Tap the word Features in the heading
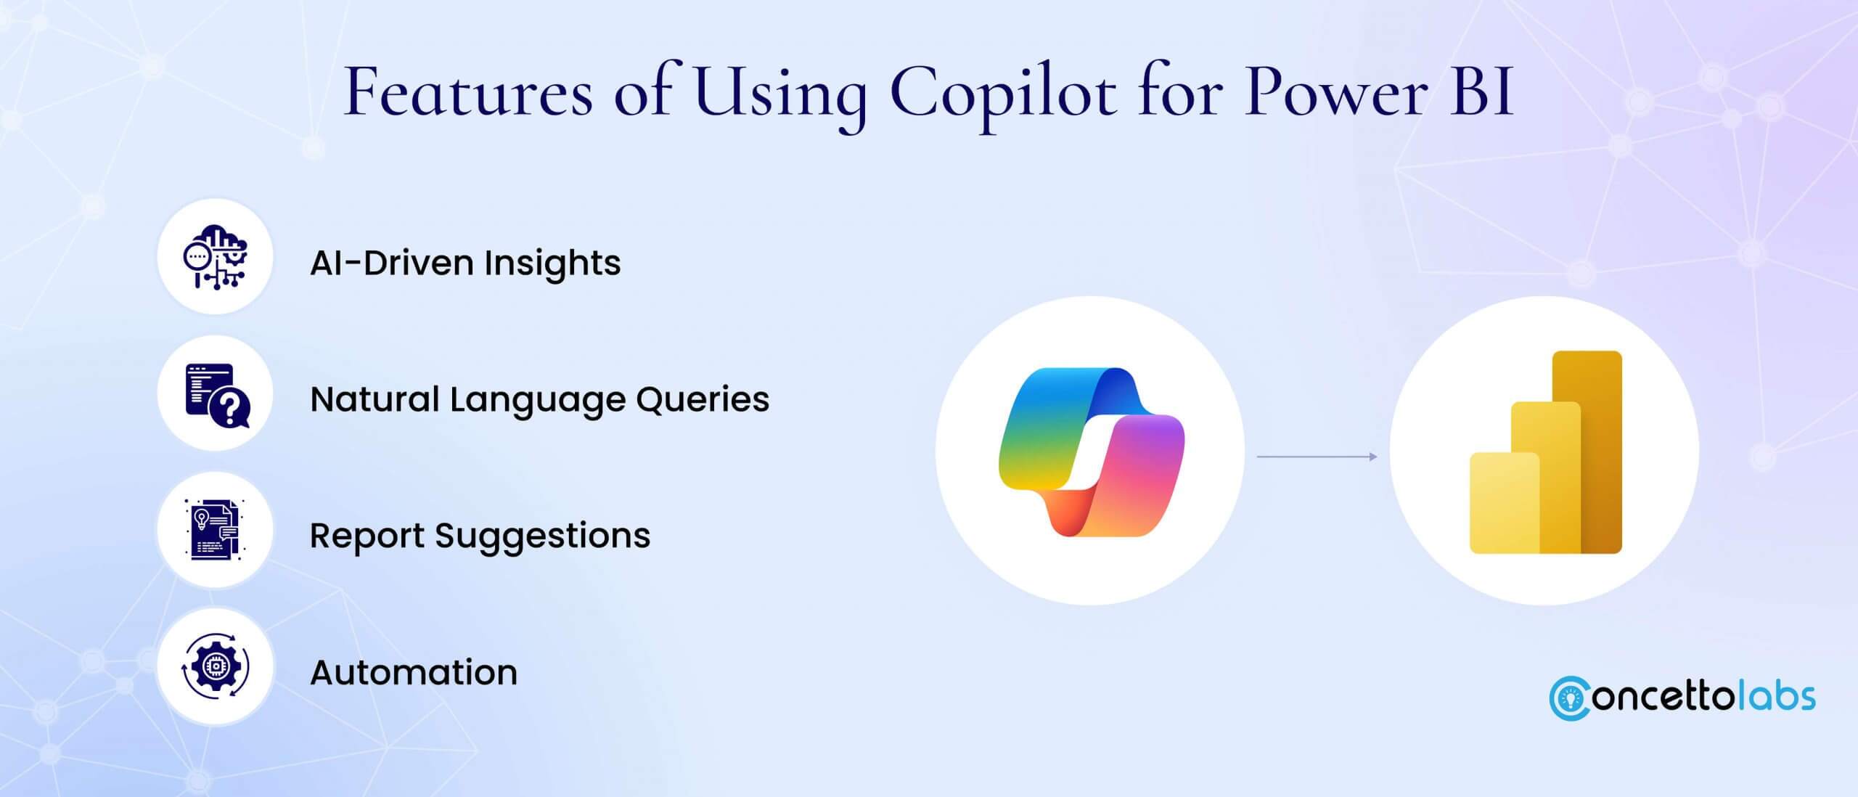pos(468,94)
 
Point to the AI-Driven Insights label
pos(465,263)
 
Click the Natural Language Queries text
pos(539,399)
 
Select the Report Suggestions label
pos(480,536)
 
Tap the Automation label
pos(414,672)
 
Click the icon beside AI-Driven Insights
pos(215,257)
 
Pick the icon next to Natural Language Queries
pos(215,393)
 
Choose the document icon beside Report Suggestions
pos(215,530)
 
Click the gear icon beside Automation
pos(215,666)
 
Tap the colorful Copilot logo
pos(1091,451)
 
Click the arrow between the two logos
pos(1317,457)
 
